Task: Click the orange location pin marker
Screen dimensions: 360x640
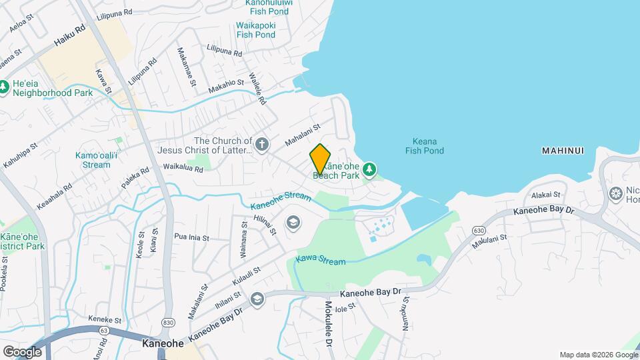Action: pyautogui.click(x=320, y=159)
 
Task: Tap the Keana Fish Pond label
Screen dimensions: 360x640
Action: pyautogui.click(x=424, y=145)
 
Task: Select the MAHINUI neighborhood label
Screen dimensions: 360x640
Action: pyautogui.click(x=563, y=151)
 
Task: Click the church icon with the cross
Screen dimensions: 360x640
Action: pyautogui.click(x=263, y=144)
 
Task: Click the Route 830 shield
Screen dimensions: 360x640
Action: pyautogui.click(x=168, y=322)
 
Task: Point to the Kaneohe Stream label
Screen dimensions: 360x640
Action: pyautogui.click(x=281, y=201)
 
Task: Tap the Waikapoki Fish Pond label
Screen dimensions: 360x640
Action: pyautogui.click(x=256, y=30)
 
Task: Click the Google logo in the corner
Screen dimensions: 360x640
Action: pyautogui.click(x=22, y=351)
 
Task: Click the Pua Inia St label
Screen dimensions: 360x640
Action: pyautogui.click(x=191, y=237)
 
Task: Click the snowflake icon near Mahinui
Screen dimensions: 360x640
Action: pyautogui.click(x=616, y=194)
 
